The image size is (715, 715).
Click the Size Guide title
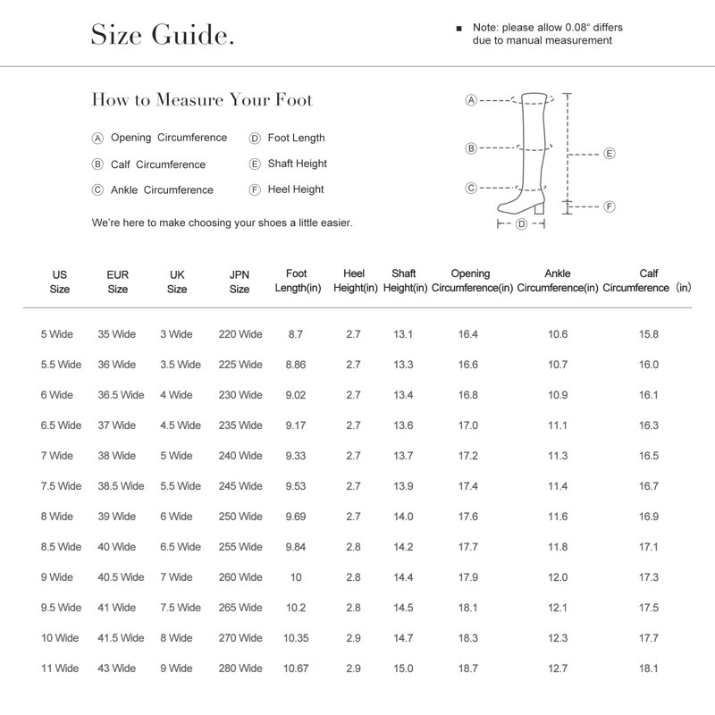tap(164, 36)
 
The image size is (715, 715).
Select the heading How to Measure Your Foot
tap(202, 99)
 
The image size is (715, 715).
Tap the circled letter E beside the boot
tap(610, 153)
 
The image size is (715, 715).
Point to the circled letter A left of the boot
tap(471, 100)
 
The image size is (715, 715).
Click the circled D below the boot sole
tap(522, 223)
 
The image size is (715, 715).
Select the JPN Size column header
tap(240, 282)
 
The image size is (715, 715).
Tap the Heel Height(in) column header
tap(354, 281)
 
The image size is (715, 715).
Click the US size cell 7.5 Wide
tap(61, 486)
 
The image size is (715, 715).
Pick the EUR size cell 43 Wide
tap(117, 669)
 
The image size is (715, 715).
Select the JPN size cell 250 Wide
tap(240, 517)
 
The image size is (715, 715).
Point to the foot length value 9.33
tap(296, 456)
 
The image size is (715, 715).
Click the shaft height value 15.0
tap(403, 669)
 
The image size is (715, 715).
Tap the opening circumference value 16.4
tap(468, 334)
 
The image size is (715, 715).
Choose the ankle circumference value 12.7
tap(558, 669)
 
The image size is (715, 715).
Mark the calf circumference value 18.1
tap(649, 669)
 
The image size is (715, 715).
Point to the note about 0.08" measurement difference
tap(547, 34)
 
